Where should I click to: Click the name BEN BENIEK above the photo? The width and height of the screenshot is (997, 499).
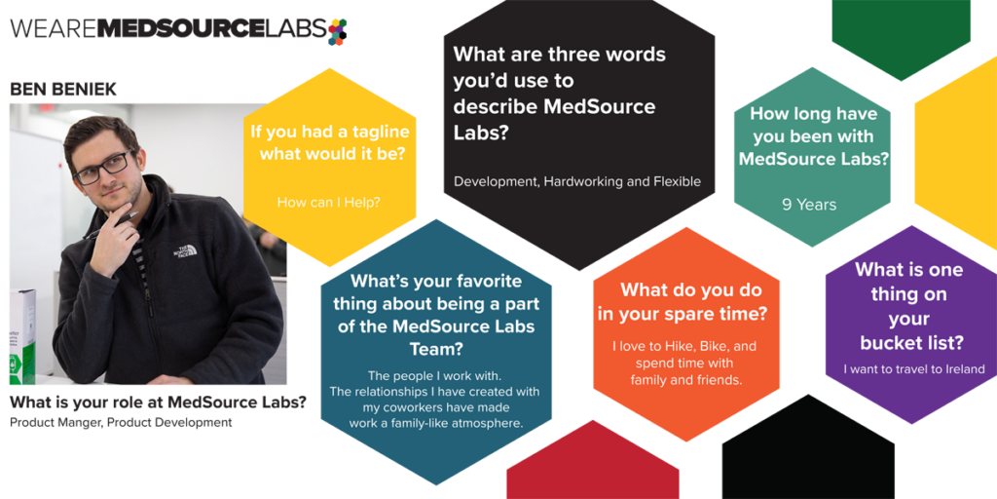[x=63, y=89]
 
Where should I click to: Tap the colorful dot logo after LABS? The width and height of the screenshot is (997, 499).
[x=337, y=31]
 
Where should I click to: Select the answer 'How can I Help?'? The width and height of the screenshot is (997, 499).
[x=329, y=203]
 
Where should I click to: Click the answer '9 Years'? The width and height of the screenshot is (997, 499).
[x=809, y=205]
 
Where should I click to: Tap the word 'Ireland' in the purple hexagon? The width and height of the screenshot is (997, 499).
[x=965, y=369]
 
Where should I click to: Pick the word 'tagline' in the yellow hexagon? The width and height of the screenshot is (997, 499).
[x=374, y=132]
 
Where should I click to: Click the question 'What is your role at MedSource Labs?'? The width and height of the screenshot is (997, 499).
[x=158, y=402]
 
